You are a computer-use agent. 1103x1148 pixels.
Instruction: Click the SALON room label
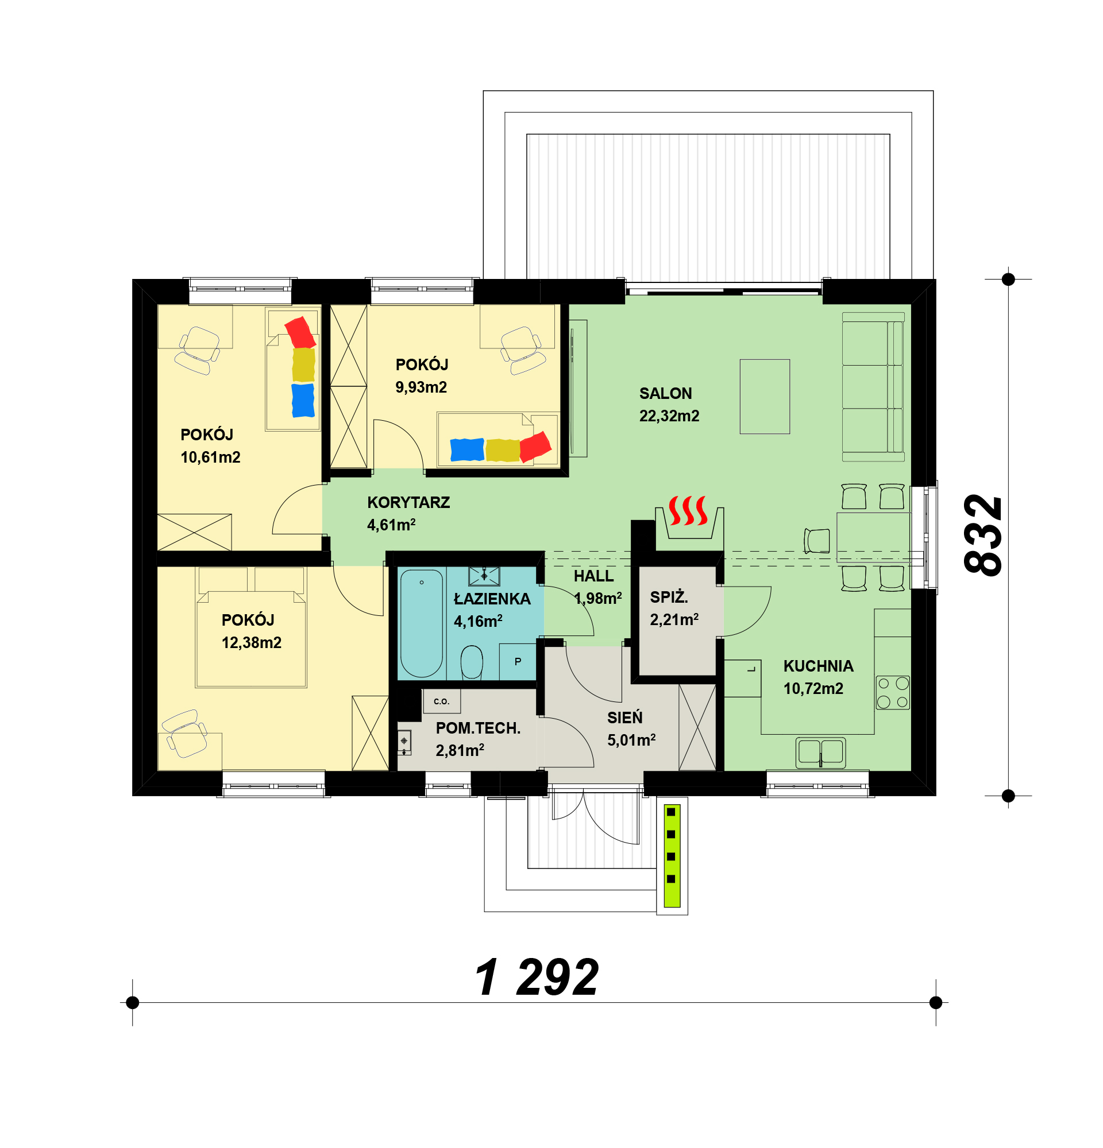(665, 393)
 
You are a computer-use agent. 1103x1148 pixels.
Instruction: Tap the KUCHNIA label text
(818, 666)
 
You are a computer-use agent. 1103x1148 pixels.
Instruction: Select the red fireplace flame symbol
(688, 510)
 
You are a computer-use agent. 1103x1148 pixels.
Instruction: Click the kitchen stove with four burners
(893, 692)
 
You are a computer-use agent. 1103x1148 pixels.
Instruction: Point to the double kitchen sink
(820, 753)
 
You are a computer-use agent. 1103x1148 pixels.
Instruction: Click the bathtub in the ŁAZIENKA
(422, 623)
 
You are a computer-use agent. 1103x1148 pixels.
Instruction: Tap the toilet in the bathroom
(472, 662)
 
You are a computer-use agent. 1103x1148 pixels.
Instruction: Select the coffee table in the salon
(764, 397)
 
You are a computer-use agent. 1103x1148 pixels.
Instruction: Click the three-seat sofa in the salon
(873, 386)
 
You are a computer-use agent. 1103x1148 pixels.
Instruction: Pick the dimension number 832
(983, 536)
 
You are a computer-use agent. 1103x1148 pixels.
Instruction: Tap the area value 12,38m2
(252, 642)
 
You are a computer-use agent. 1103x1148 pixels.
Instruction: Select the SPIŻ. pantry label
(669, 597)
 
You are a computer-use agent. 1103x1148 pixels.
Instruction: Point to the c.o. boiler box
(441, 701)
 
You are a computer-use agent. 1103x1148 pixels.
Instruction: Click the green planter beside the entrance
(672, 856)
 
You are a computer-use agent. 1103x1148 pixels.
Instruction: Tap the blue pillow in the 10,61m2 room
(303, 401)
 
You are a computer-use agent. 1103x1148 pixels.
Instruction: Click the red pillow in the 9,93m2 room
(535, 447)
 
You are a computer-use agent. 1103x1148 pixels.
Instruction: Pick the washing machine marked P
(518, 661)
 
